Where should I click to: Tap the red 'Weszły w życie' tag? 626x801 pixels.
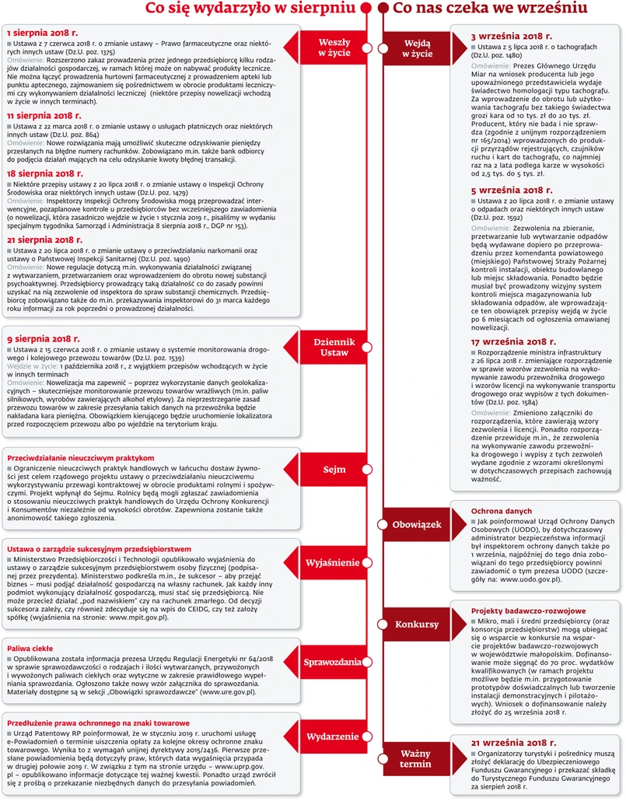click(x=334, y=47)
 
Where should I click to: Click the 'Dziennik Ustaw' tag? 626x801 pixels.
click(x=334, y=348)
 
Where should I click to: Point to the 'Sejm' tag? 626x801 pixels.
click(x=334, y=470)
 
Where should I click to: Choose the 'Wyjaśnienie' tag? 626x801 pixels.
click(x=333, y=562)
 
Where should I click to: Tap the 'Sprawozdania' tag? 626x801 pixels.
click(x=332, y=662)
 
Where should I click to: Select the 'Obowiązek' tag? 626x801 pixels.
click(x=418, y=525)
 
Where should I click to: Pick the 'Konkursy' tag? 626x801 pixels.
click(x=417, y=624)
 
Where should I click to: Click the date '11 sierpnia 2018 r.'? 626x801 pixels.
click(x=44, y=115)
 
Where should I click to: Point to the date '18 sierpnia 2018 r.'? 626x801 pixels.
click(x=44, y=174)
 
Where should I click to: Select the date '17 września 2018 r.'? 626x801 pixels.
click(x=514, y=341)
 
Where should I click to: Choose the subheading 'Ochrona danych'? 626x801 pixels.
click(x=502, y=511)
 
